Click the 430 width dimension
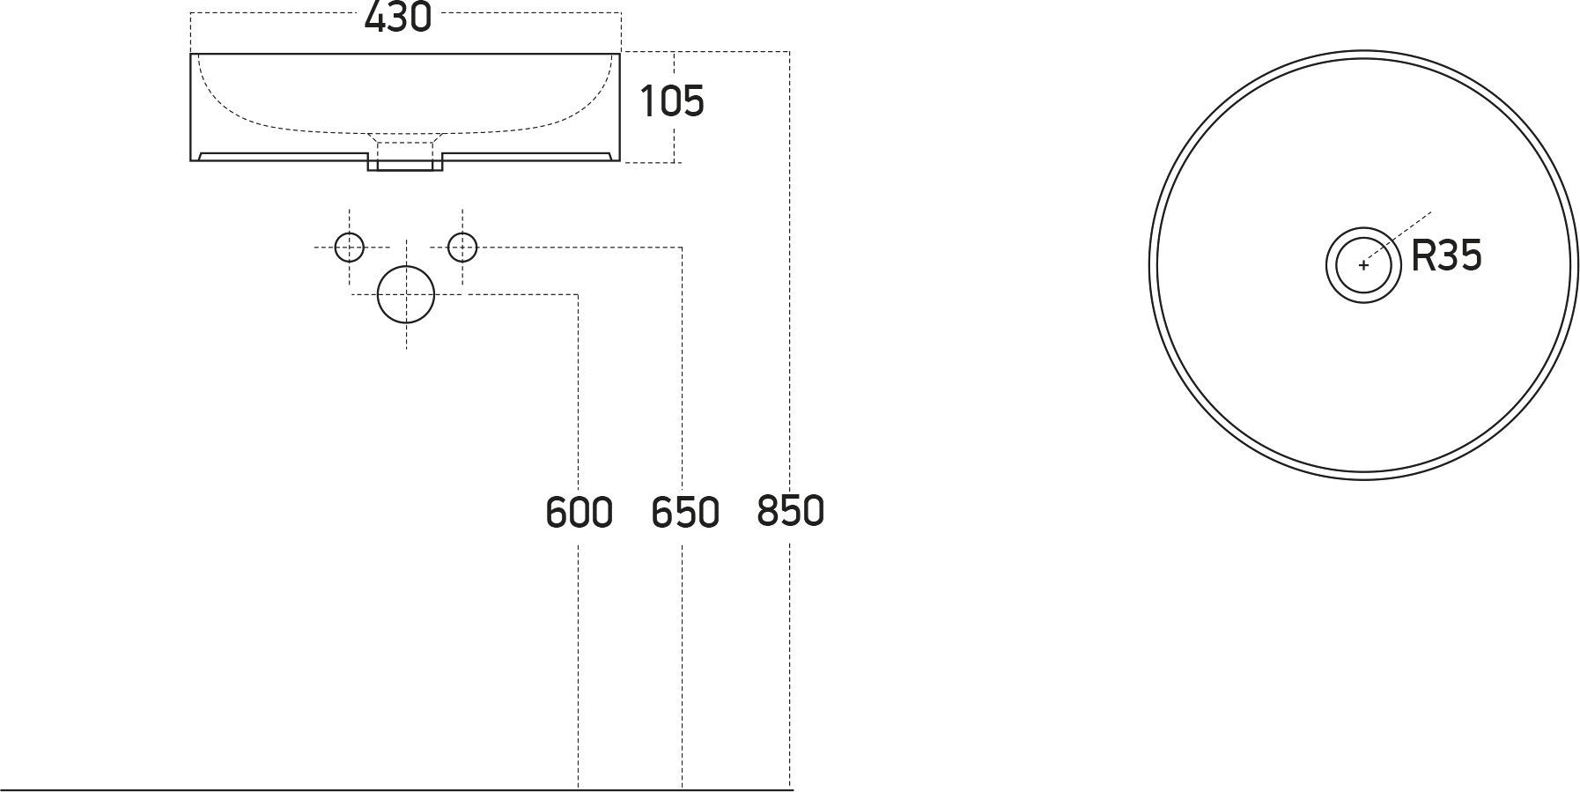398,17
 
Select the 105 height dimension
672,101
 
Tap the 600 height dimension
579,513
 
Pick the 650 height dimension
685,513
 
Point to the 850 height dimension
790,511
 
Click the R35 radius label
1446,256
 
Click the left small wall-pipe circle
350,248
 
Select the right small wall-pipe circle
462,248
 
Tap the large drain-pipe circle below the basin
406,294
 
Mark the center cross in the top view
1363,265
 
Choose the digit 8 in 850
768,511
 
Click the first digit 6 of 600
557,513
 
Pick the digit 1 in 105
648,101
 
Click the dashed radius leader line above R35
1398,237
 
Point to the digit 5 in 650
685,513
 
